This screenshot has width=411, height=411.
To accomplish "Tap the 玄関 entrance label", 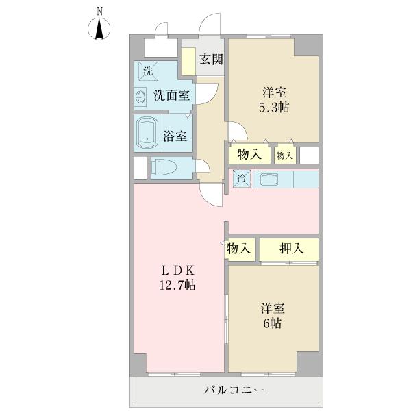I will tap(212, 59).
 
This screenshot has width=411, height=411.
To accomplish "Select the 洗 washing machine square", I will tap(147, 70).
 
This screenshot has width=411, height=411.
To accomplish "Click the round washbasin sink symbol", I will tap(141, 97).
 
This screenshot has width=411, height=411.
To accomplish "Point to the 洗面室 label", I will tap(171, 96).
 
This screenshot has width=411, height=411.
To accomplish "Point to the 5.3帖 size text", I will tap(273, 107).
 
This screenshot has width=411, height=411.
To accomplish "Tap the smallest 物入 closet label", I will tap(285, 155).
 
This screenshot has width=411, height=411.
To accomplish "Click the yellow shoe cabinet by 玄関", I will tap(188, 62).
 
